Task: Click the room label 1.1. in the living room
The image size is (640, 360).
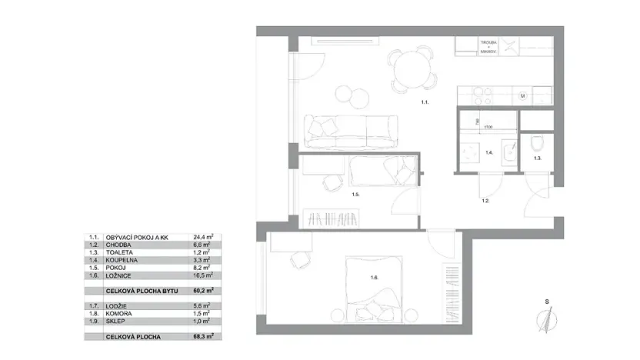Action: click(x=424, y=102)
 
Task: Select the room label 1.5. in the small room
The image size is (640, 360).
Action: click(x=356, y=195)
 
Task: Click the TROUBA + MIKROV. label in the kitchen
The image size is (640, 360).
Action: click(x=488, y=47)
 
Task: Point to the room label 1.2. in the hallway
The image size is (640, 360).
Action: click(x=486, y=200)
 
